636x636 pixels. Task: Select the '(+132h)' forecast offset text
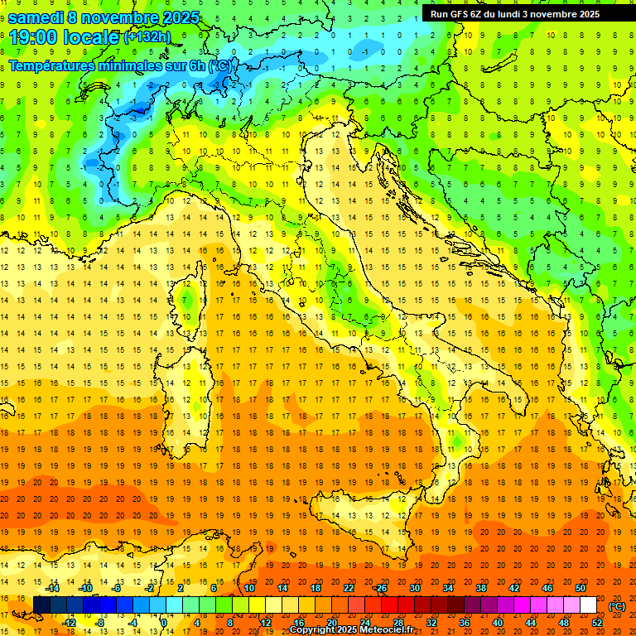pos(147,37)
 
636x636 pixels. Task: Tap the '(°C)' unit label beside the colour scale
pos(617,606)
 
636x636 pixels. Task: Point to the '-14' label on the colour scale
pos(52,588)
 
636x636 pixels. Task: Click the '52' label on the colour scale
pos(597,623)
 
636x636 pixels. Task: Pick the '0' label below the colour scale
pos(164,623)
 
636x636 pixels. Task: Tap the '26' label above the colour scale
pos(382,588)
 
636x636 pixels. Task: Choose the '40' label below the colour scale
pos(498,623)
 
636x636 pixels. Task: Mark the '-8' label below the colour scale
pos(99,623)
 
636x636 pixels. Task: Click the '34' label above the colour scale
pos(448,588)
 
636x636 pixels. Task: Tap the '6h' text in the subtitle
pos(196,65)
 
